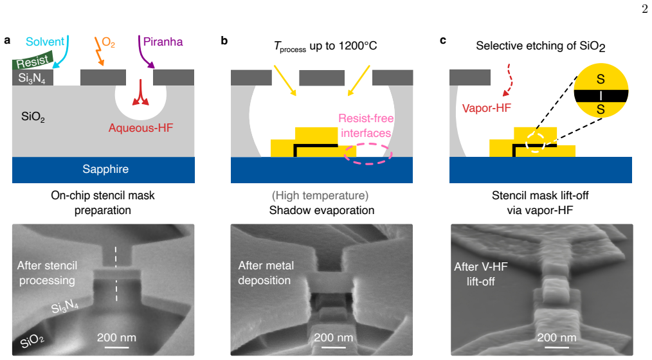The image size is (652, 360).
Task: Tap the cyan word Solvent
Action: [45, 42]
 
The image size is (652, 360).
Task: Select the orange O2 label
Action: [108, 42]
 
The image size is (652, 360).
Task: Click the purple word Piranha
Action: [163, 42]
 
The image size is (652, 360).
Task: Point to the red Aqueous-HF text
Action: [141, 128]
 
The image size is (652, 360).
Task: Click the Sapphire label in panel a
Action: [105, 169]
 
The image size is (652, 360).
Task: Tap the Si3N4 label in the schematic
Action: [32, 78]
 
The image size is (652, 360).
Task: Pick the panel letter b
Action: [224, 40]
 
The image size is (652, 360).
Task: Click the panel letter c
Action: [443, 40]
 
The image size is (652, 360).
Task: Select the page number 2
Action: [644, 9]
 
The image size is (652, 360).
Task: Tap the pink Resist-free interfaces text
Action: [366, 125]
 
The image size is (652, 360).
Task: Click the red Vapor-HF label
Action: [487, 108]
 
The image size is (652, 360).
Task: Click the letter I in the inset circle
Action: [601, 96]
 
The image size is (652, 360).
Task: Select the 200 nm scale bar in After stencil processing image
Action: [116, 347]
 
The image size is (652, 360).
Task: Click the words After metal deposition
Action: [266, 273]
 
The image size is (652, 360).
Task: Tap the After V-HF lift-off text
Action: [481, 274]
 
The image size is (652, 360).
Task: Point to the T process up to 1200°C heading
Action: [325, 46]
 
